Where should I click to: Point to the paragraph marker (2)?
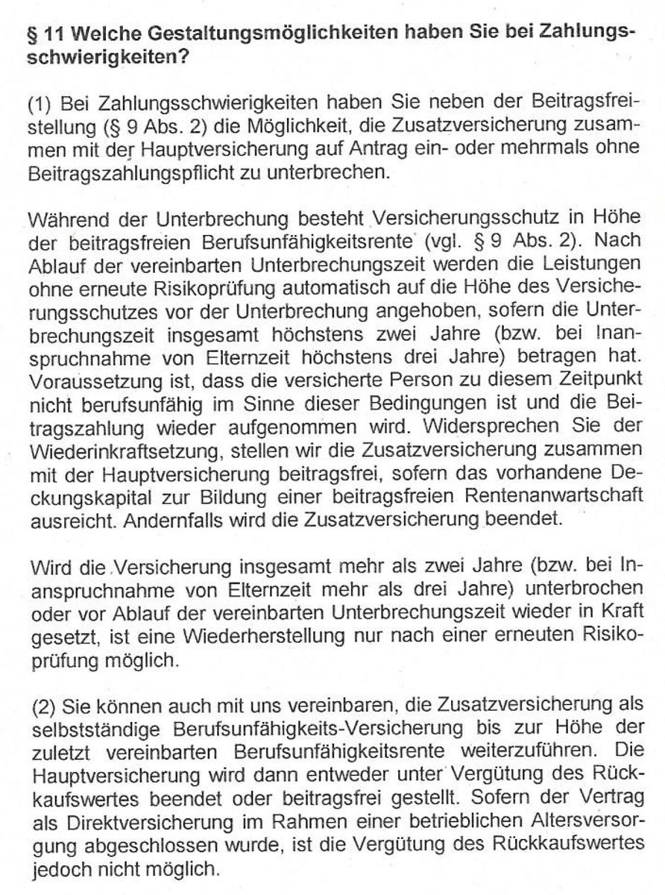45,706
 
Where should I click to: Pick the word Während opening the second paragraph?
65,221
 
